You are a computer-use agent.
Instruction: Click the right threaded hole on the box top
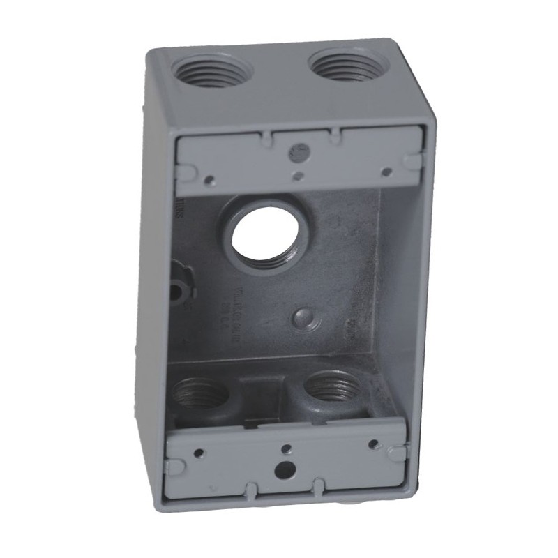click(x=342, y=67)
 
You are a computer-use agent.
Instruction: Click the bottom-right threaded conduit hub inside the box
click(x=328, y=388)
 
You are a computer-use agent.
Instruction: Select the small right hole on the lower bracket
click(x=373, y=444)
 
